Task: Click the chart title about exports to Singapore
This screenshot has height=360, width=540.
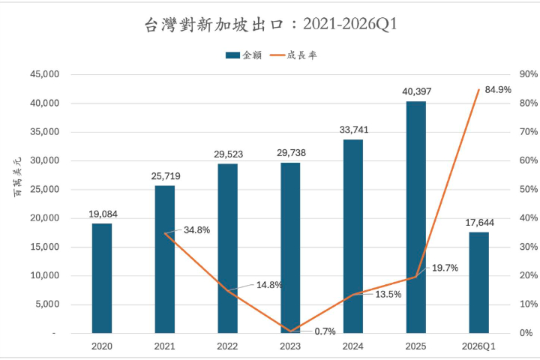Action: (x=270, y=25)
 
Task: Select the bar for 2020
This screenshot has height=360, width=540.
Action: (x=102, y=277)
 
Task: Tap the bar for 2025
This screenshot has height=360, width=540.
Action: (x=415, y=217)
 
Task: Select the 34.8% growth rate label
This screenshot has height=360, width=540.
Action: (x=196, y=229)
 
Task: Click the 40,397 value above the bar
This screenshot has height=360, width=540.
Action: (x=416, y=91)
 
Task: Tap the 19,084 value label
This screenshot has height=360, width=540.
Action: (x=102, y=214)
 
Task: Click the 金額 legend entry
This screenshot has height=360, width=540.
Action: (x=244, y=55)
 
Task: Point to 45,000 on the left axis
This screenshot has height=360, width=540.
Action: (x=44, y=74)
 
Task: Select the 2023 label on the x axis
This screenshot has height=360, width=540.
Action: (x=290, y=346)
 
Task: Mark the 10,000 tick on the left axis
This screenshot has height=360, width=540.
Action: (x=44, y=275)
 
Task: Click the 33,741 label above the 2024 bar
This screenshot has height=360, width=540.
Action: (x=353, y=130)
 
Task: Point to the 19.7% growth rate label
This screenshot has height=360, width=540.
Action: (x=445, y=268)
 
